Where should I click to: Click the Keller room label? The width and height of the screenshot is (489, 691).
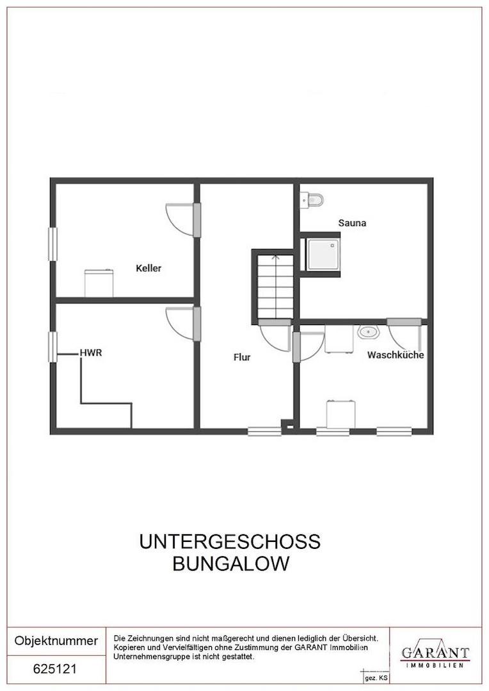click(148, 268)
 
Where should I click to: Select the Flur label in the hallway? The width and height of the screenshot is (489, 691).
click(242, 358)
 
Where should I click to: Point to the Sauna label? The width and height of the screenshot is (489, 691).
click(351, 223)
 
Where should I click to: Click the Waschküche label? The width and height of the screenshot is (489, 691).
click(395, 354)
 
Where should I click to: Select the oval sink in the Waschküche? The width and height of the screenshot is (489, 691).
click(369, 333)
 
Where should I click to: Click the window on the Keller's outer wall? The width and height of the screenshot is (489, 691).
click(53, 244)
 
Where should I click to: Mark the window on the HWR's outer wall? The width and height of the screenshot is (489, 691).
click(53, 347)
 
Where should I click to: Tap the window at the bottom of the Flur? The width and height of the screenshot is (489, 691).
click(264, 431)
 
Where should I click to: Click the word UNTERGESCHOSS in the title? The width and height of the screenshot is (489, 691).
click(230, 542)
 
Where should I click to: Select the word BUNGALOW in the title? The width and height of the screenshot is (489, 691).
click(230, 564)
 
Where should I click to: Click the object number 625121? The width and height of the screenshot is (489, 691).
click(55, 669)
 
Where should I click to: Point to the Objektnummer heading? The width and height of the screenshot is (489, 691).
click(56, 640)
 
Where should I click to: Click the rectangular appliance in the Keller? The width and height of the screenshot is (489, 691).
click(99, 283)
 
